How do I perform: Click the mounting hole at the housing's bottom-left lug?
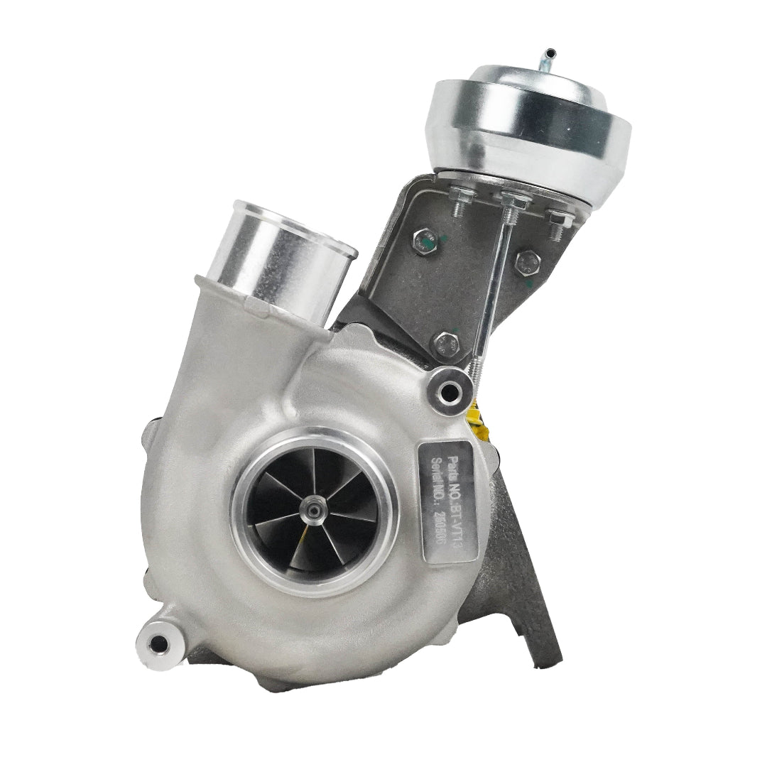(x=160, y=643)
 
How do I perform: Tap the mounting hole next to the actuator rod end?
(x=448, y=390)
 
